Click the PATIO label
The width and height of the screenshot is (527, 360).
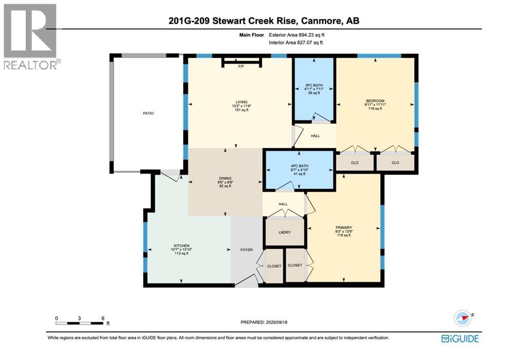click(x=148, y=113)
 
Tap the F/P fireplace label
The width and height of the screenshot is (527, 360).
click(x=241, y=66)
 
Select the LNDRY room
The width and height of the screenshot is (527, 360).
click(x=285, y=232)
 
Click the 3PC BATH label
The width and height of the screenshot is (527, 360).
click(x=314, y=85)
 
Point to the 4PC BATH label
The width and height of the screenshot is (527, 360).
click(x=300, y=166)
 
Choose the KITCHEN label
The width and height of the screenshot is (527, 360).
click(x=182, y=246)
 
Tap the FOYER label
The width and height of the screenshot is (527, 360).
click(x=247, y=250)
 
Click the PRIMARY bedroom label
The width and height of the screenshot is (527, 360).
click(x=343, y=228)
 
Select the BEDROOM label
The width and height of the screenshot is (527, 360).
click(x=375, y=101)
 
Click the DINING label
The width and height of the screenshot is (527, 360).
click(x=225, y=178)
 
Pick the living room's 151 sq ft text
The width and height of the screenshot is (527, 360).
click(x=241, y=110)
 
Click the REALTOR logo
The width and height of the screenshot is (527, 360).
click(x=30, y=37)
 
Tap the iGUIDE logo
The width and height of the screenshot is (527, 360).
click(x=460, y=338)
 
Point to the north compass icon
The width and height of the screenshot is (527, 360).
click(x=464, y=318)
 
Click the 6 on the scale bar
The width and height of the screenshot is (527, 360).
click(x=103, y=318)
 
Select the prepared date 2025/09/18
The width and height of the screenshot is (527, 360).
click(x=276, y=322)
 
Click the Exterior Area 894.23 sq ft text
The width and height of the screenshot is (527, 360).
click(x=297, y=35)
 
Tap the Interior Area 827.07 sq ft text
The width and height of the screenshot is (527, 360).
click(x=296, y=43)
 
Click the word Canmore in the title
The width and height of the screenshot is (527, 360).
click(x=321, y=21)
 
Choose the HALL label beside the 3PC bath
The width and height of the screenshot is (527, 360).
click(x=315, y=136)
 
